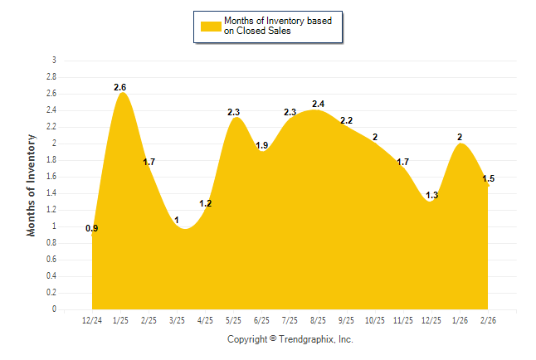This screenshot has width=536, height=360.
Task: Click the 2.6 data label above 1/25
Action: pos(120,87)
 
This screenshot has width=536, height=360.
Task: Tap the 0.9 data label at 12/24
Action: pos(92,228)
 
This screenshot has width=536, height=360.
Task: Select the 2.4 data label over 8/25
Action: pos(319,104)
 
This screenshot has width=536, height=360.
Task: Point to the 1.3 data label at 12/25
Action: pos(431,196)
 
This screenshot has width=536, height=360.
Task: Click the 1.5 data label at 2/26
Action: pos(488,179)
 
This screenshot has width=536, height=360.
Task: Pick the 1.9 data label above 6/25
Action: pos(261,146)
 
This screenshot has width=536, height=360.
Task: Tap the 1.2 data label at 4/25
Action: pos(206,203)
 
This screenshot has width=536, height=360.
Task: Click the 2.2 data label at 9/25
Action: pos(347,121)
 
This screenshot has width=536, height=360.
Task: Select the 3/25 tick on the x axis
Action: pos(178,319)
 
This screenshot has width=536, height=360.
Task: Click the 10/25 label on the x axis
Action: pos(375,319)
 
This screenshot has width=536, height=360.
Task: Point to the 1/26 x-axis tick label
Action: pos(460,319)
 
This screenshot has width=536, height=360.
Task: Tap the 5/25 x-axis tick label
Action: pos(234,319)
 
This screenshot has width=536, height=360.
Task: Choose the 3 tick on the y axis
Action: pos(55,61)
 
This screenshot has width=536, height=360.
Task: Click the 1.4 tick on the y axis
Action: pos(52,193)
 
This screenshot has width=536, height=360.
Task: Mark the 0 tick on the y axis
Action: pos(55,309)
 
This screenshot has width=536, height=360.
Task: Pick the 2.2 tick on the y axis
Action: pos(52,127)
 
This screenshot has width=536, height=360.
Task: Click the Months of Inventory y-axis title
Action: pos(32,185)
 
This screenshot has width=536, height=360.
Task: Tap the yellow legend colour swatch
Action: pos(210,26)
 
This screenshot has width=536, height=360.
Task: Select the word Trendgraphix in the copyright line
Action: pos(308,339)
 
